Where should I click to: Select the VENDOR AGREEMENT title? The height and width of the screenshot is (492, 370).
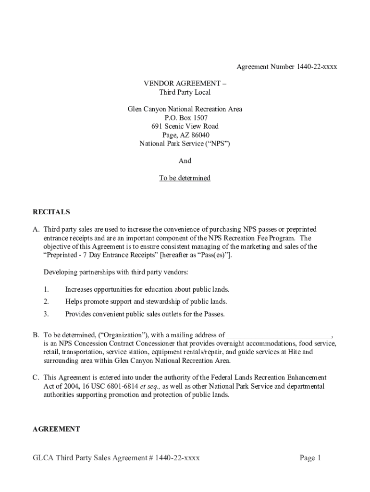point(185,84)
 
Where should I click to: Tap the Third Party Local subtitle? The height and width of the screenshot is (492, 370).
point(185,92)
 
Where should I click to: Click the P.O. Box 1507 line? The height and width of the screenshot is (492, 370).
point(185,118)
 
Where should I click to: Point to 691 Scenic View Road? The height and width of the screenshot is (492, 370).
point(185,126)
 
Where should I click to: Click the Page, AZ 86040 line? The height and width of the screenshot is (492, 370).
point(185,135)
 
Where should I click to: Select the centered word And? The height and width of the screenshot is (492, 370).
point(185,161)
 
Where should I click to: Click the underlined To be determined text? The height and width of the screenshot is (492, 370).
point(185,178)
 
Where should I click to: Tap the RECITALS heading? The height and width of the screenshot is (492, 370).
point(51,212)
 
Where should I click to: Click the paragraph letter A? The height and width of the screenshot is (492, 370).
point(36,229)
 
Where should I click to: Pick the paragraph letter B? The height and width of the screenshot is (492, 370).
point(36,335)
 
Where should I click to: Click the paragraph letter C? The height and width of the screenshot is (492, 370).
point(36,378)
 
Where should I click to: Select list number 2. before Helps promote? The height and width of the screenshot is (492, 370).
point(46,302)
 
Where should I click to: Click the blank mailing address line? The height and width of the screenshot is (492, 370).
point(279,335)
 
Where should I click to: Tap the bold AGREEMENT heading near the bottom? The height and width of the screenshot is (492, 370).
point(56,429)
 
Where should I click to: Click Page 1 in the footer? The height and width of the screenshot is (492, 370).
point(310,458)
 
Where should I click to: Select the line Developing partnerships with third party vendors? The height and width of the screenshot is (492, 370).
point(116,272)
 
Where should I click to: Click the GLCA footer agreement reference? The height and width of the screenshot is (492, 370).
point(116,458)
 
